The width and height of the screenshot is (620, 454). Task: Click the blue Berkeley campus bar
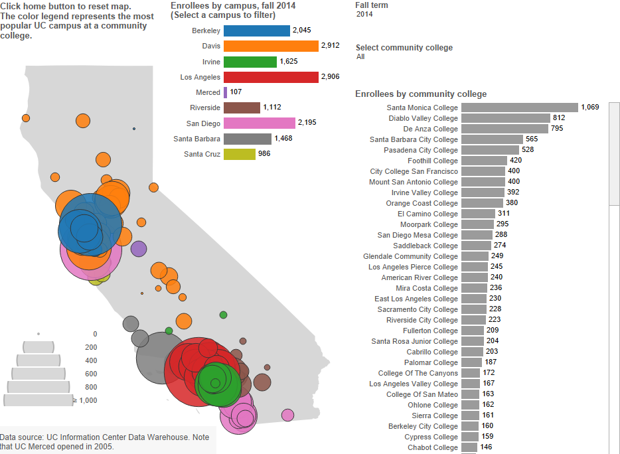257,31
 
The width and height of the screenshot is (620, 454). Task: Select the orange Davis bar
271,46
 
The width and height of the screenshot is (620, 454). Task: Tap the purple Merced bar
226,92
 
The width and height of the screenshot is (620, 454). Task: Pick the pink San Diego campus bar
260,123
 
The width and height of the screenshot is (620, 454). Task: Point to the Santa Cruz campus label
202,154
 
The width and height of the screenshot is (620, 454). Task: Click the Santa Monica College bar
519,108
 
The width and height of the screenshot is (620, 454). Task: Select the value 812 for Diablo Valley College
559,118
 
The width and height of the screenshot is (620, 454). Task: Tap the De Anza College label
430,129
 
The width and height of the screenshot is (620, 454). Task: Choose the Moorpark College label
429,224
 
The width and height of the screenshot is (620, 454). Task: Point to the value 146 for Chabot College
487,447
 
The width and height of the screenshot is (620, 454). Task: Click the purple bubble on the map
138,249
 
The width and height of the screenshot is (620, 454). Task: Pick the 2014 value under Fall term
364,14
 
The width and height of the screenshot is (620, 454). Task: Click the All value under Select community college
360,57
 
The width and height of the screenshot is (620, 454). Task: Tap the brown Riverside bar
242,108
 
